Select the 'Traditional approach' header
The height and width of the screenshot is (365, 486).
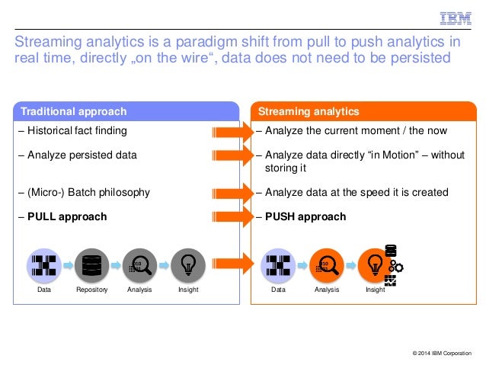coord(74,112)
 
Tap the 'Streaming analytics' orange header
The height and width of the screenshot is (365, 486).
coord(309,112)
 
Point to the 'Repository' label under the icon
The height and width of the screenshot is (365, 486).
coord(91,290)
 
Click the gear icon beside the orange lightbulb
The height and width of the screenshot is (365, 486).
coord(396,266)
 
